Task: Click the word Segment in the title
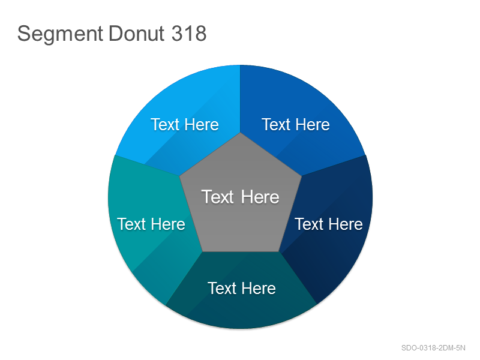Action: [x=60, y=34]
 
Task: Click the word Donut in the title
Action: [x=137, y=33]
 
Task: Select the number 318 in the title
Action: [x=189, y=33]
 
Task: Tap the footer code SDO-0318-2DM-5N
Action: [x=433, y=348]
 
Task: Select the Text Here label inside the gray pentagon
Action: [x=241, y=197]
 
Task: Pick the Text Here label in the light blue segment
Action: [x=185, y=125]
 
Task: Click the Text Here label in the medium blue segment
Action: [x=296, y=125]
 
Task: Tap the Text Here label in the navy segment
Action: [x=329, y=224]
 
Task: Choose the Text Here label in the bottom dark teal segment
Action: [x=242, y=289]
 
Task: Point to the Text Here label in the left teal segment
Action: [x=151, y=224]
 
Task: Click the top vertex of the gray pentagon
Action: [x=241, y=133]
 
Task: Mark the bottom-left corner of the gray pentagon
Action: [x=202, y=251]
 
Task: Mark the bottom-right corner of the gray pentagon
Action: [x=278, y=251]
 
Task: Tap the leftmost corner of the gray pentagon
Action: [x=179, y=176]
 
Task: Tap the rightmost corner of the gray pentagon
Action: [x=301, y=176]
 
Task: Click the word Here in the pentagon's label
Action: [x=260, y=197]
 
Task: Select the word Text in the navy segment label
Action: [x=309, y=224]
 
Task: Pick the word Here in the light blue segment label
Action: [x=202, y=125]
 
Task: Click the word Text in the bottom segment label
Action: [x=222, y=289]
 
